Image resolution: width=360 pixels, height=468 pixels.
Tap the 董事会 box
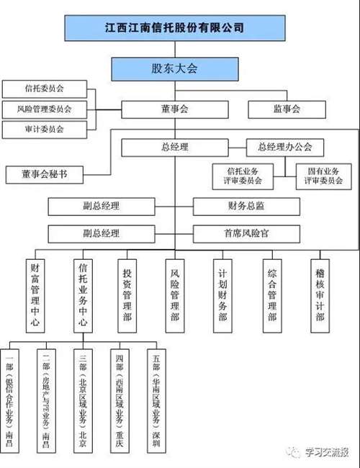click(x=174, y=109)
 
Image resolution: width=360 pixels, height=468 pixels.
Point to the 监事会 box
click(x=286, y=109)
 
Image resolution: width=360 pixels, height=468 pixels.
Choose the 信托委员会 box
click(x=45, y=89)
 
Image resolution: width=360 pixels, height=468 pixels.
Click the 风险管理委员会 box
click(x=45, y=109)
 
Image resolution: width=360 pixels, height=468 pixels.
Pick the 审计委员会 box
click(x=45, y=130)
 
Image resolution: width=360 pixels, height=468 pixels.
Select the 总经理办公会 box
click(x=285, y=147)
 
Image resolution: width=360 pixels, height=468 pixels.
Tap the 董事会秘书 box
click(x=45, y=174)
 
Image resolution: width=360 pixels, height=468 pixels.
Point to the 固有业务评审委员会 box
click(x=323, y=176)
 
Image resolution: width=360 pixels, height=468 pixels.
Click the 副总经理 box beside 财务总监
click(x=101, y=206)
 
